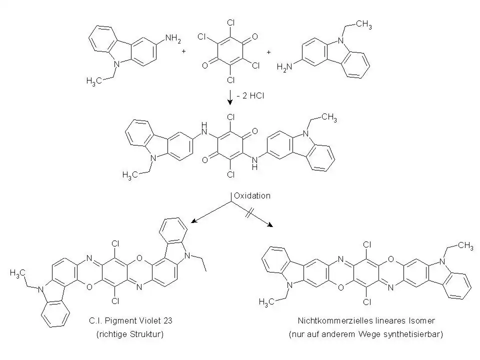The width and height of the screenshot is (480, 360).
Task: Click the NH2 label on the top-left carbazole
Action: (x=173, y=38)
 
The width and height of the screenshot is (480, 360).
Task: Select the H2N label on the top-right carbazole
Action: (x=284, y=67)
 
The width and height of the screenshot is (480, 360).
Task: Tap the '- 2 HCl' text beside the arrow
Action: (x=250, y=96)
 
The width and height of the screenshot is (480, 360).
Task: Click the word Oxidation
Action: (x=252, y=195)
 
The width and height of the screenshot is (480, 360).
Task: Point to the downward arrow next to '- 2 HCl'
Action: (x=230, y=97)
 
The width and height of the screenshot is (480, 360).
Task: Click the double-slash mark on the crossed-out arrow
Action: (x=248, y=213)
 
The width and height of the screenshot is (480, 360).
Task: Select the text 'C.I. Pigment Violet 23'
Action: (x=130, y=320)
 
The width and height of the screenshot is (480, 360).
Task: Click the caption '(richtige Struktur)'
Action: (x=130, y=334)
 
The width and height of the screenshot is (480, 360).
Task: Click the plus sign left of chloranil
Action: (x=183, y=51)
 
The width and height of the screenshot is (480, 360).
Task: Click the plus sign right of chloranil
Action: (x=269, y=52)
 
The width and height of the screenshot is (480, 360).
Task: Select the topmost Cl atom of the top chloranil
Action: (x=231, y=22)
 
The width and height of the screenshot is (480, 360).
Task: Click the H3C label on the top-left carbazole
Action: (x=94, y=81)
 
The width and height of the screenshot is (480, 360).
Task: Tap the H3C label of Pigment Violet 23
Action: (x=17, y=273)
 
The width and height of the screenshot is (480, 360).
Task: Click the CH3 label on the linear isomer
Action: (x=465, y=245)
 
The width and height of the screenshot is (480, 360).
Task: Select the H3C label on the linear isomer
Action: (x=266, y=302)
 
